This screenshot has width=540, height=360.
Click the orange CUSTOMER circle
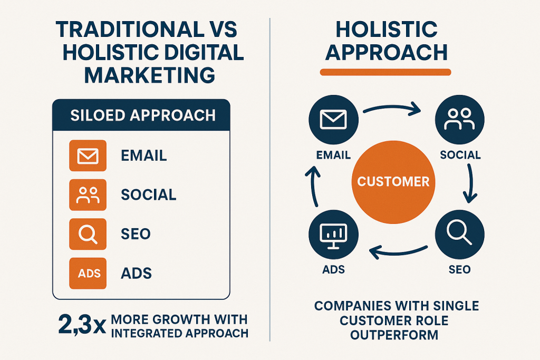[x=393, y=182]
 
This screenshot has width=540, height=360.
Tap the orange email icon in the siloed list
[x=88, y=155]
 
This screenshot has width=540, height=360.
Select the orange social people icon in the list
[x=88, y=195]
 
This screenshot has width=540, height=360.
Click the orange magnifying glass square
[x=88, y=234]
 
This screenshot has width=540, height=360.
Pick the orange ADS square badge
[x=88, y=273]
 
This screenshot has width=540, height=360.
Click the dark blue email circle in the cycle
[x=333, y=120]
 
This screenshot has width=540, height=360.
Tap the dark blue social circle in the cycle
[x=460, y=120]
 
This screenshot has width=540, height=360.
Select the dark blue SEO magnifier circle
[x=460, y=235]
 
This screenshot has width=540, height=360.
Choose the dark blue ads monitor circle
[x=333, y=235]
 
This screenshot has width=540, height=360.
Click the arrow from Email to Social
[x=392, y=106]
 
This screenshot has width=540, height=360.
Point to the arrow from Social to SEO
[x=471, y=183]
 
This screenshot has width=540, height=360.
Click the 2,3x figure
[x=82, y=325]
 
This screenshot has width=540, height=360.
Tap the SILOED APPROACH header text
[x=143, y=115]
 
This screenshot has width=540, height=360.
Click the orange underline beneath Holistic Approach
[x=385, y=72]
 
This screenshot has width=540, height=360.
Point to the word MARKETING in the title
[x=150, y=75]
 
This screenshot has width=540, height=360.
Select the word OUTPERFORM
[x=394, y=335]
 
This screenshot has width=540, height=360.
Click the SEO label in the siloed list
[x=136, y=234]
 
